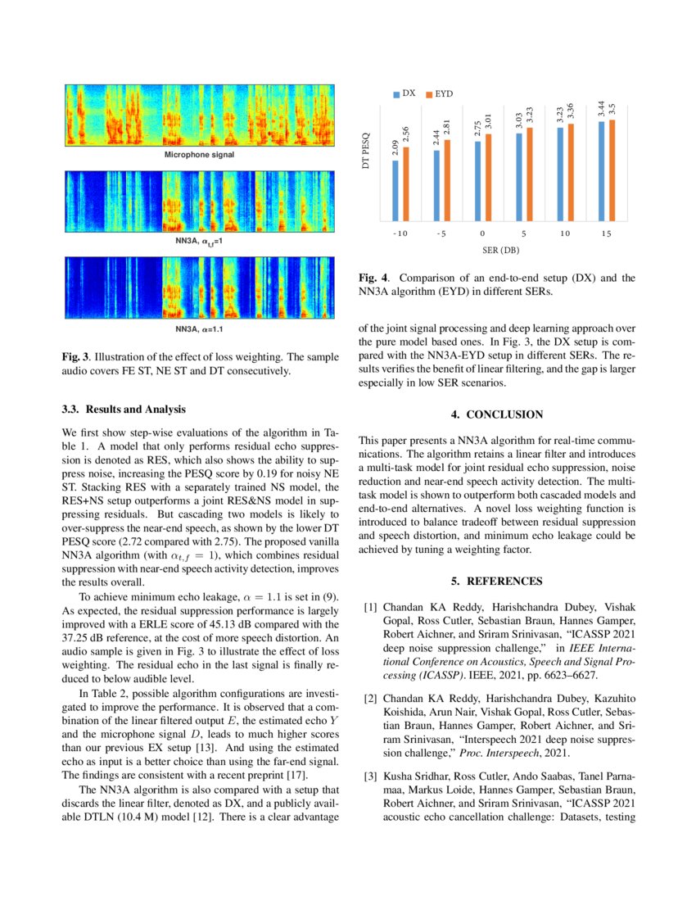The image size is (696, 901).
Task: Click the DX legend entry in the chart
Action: (x=404, y=94)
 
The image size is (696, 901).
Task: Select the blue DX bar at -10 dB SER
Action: (x=395, y=190)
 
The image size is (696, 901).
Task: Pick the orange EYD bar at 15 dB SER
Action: (x=611, y=170)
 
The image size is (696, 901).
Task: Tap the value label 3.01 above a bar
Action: (x=488, y=123)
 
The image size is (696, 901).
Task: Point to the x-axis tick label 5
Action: (x=522, y=233)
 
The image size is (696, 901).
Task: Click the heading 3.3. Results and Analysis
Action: (x=124, y=408)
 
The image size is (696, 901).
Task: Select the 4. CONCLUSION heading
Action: (x=497, y=414)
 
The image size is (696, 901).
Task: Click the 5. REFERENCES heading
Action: (x=497, y=582)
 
